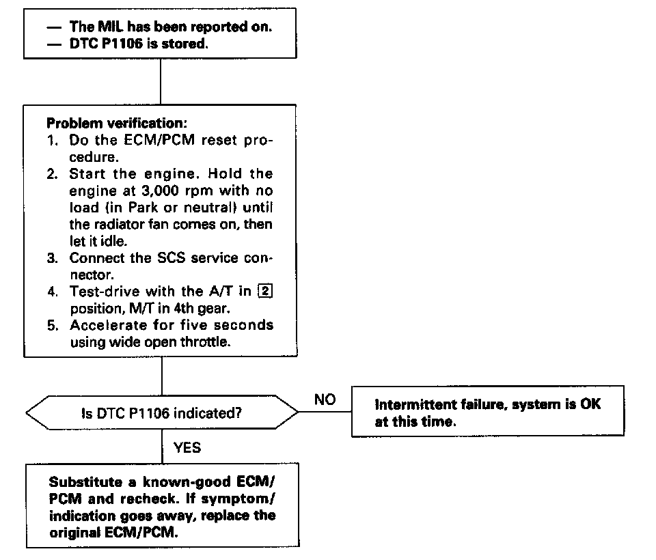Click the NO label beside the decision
tap(325, 400)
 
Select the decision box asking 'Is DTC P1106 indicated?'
tap(162, 413)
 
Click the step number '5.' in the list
tap(54, 325)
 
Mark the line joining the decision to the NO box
tap(325, 413)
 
